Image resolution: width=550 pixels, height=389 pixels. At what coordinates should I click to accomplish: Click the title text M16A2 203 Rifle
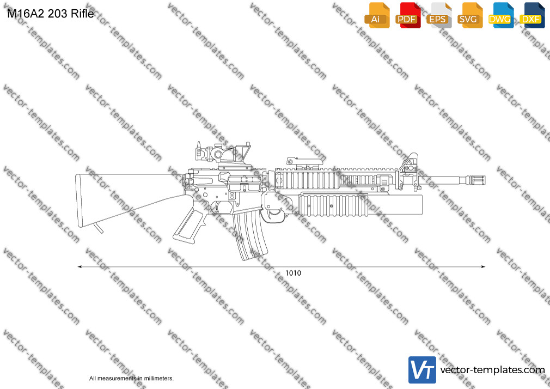51,14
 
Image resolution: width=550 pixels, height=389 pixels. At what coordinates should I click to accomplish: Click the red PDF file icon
408,15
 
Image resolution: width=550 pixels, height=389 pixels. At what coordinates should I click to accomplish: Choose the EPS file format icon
439,15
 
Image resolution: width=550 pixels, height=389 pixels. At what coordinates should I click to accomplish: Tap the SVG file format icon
469,15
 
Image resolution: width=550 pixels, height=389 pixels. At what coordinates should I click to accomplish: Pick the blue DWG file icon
501,15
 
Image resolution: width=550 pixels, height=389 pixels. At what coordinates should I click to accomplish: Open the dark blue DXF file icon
532,15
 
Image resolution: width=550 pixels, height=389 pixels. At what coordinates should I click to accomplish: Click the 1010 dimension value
293,273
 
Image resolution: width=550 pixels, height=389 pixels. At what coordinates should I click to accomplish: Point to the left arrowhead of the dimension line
80,267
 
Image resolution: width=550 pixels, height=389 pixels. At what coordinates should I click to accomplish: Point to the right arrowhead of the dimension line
483,267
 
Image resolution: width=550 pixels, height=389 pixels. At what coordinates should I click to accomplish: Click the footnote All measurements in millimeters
131,379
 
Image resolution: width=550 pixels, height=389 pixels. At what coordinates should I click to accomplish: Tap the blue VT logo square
423,370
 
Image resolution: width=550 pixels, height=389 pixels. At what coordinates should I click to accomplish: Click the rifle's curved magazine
250,234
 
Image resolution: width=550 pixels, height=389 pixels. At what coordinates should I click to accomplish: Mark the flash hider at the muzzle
476,180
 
